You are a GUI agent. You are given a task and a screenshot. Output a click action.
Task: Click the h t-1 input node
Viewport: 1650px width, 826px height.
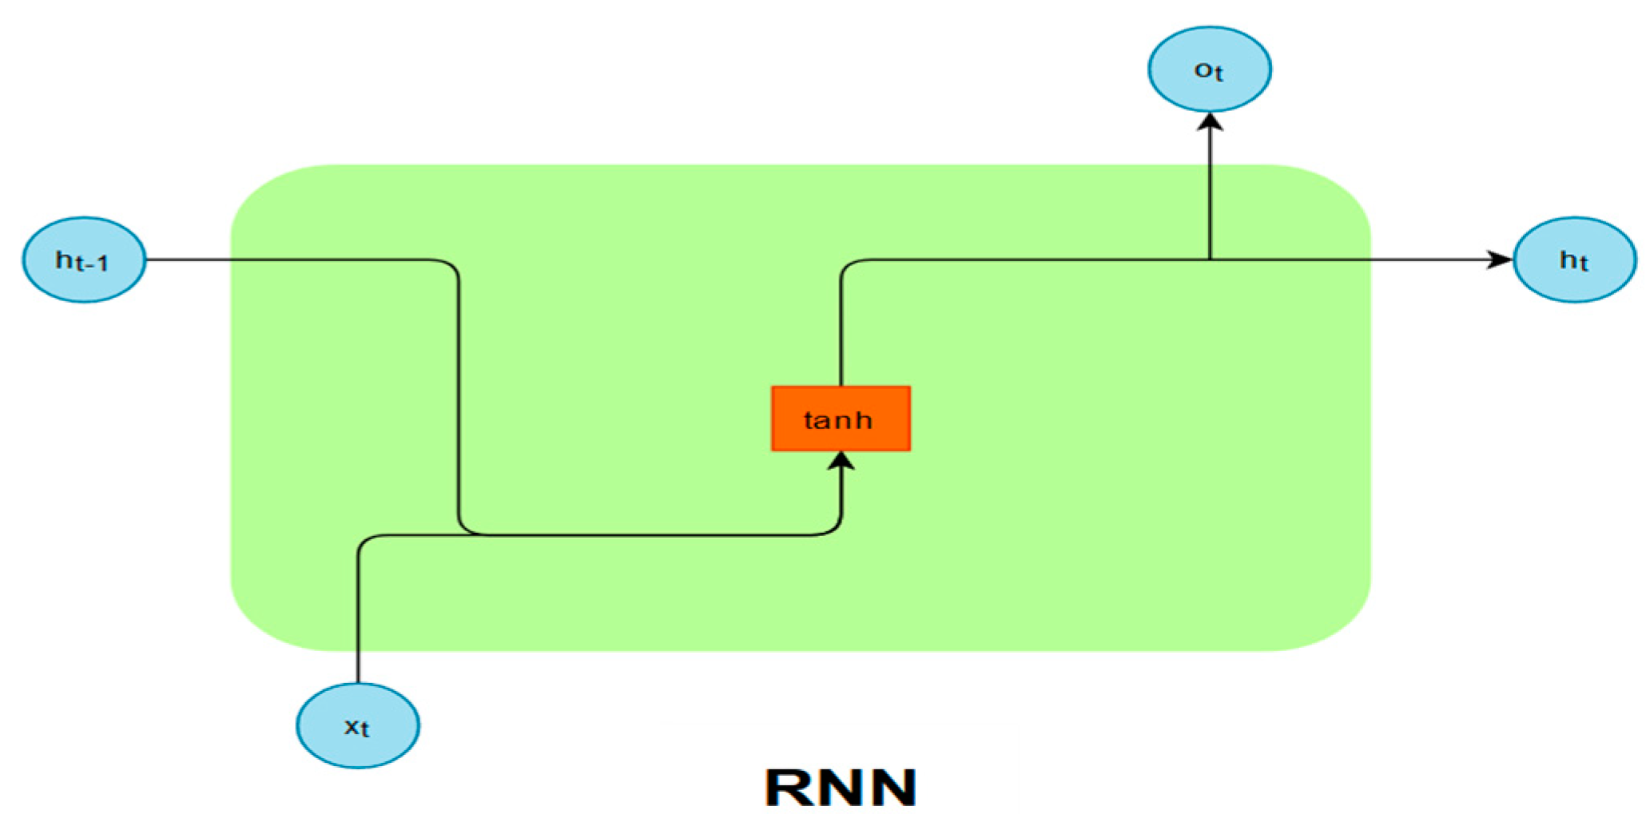[84, 260]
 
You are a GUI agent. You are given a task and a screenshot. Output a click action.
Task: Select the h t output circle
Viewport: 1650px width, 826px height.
[1574, 260]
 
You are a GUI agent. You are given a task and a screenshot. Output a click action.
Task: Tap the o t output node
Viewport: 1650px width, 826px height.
[1209, 69]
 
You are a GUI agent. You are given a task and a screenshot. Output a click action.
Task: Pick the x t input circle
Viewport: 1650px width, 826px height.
[357, 725]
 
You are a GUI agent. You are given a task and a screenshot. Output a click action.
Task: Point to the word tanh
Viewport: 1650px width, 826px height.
[837, 420]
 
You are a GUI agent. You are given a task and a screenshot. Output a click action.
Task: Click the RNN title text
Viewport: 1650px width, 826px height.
[841, 788]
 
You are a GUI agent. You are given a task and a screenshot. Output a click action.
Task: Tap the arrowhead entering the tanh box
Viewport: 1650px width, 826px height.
[841, 462]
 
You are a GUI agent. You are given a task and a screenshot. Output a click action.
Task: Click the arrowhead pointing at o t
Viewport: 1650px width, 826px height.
[1210, 122]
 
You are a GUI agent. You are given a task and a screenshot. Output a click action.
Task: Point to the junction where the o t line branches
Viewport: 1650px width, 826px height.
[1210, 260]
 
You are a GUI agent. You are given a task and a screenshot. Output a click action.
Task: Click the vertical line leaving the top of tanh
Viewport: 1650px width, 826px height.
[841, 336]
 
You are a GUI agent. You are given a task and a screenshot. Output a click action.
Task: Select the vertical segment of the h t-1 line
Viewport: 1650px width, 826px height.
[459, 399]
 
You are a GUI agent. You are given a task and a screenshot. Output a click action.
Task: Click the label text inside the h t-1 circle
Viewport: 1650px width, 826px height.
[82, 260]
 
